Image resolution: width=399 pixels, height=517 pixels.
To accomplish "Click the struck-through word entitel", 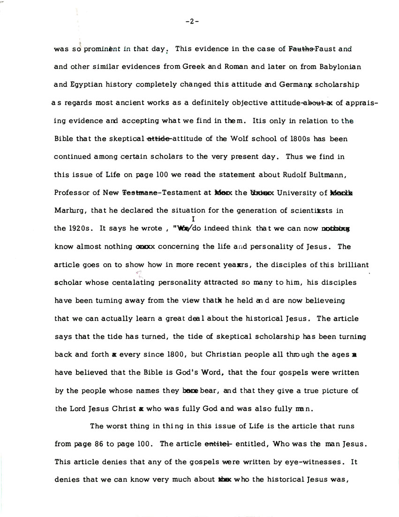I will (218, 444).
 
